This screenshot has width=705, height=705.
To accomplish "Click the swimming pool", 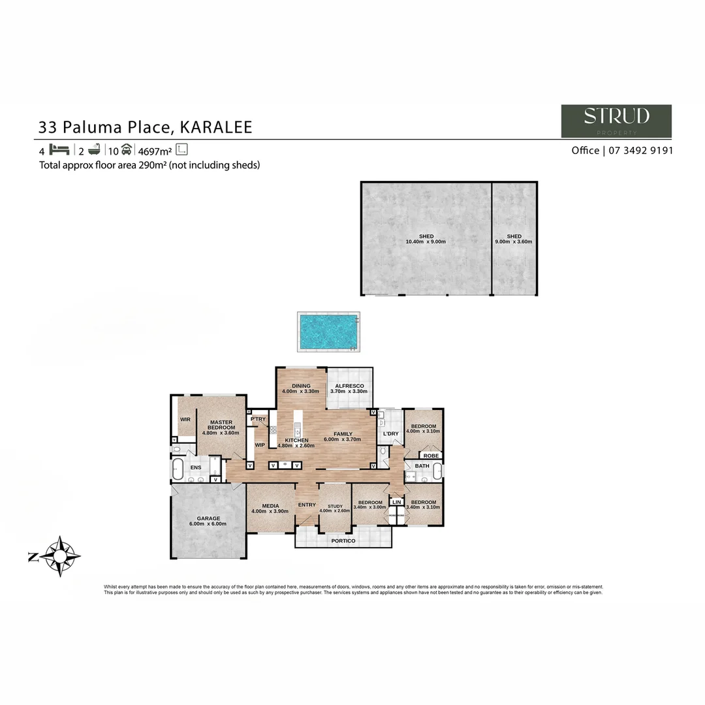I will tap(328, 330).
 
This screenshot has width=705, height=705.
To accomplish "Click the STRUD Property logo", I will tap(616, 121).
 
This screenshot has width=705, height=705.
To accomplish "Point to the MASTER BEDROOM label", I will tap(221, 424).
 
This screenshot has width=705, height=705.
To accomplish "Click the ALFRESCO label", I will tap(349, 386).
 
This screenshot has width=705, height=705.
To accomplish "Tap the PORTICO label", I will tap(343, 540).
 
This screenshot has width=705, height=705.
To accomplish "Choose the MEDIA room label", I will tap(271, 506).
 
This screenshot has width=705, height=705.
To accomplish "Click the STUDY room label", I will tap(335, 506).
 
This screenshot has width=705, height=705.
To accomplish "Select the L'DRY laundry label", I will tap(390, 433).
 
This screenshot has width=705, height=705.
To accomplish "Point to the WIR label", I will tap(185, 419).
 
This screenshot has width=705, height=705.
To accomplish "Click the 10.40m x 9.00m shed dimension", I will tap(426, 242).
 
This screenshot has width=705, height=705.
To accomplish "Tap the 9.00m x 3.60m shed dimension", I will tap(514, 242).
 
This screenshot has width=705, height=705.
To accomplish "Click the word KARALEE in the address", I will tap(216, 127).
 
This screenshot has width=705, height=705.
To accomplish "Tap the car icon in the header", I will tap(126, 149).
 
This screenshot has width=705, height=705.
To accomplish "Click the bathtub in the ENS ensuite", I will tap(178, 468).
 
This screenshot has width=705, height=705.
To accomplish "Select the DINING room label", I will tap(301, 386).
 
